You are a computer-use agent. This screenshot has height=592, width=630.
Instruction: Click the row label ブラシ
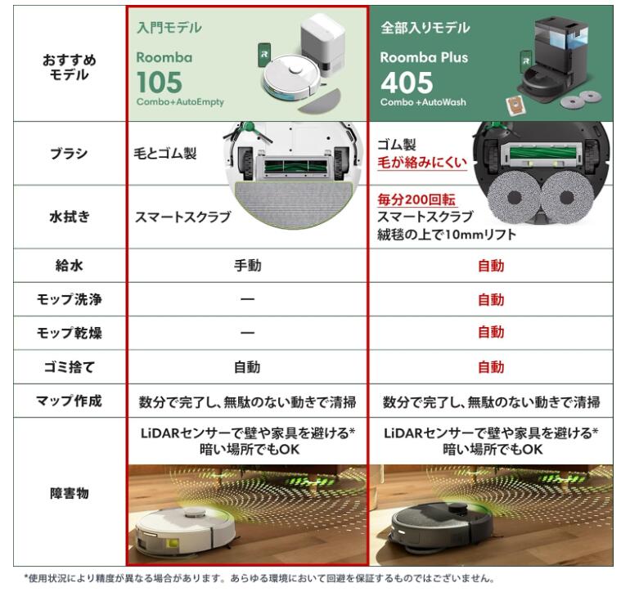(x=69, y=154)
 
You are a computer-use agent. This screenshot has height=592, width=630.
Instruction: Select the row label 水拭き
(x=69, y=218)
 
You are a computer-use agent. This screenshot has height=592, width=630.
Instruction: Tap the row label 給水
(x=69, y=266)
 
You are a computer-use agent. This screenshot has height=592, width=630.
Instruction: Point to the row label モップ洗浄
(x=69, y=299)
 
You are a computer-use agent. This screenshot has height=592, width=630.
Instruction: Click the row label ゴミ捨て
(x=69, y=367)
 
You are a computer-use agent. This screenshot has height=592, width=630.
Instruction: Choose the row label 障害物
(x=69, y=493)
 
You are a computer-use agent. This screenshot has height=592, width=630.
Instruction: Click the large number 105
(x=160, y=83)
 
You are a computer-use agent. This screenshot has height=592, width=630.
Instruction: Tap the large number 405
(x=407, y=83)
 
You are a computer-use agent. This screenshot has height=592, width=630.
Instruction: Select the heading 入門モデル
(x=169, y=28)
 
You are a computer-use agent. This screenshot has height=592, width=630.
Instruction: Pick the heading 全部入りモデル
(x=425, y=28)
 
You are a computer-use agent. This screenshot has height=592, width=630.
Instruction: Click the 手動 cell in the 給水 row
(x=247, y=266)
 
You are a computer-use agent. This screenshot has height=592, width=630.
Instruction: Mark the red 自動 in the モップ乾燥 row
(x=491, y=333)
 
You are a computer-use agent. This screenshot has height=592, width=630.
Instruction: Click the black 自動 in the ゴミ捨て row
(x=247, y=367)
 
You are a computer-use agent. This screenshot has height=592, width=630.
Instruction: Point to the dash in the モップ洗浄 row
(x=247, y=299)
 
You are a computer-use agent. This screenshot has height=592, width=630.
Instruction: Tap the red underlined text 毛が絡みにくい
(x=421, y=163)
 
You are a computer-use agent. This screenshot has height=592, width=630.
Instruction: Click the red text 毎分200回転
(x=416, y=200)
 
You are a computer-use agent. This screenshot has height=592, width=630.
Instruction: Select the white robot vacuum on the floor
(x=183, y=527)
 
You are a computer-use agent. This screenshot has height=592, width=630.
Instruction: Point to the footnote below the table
(x=259, y=578)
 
